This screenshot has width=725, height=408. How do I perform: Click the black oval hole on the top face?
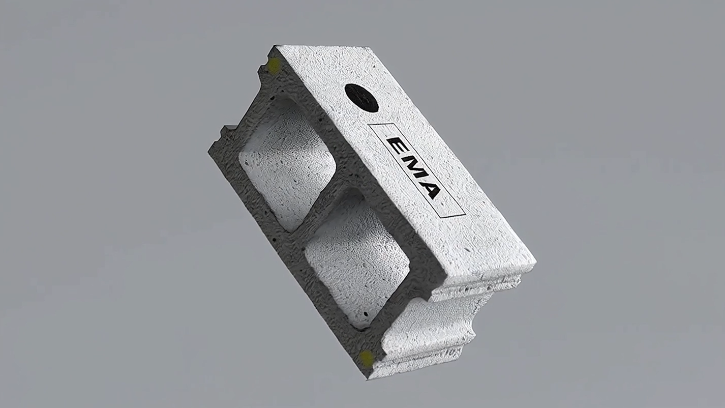coord(361,98)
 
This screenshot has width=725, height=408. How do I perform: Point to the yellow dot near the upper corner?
coord(274,66)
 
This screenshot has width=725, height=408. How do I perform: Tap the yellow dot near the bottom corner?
coord(367,358)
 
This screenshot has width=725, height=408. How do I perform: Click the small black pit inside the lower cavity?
coord(366,313)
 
